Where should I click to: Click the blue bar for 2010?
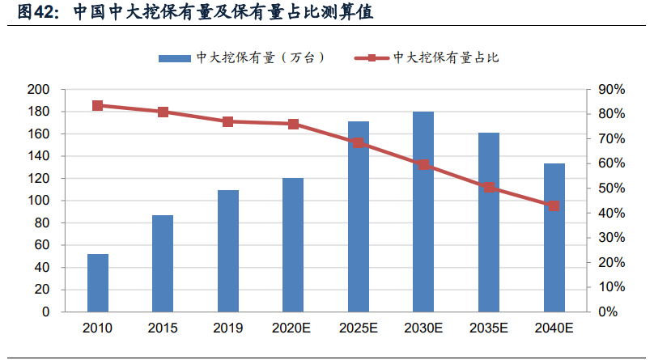point(98,282)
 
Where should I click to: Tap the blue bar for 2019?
point(228,251)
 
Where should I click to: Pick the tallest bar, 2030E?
point(423,211)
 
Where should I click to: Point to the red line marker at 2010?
point(98,105)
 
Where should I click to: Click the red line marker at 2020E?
point(293,124)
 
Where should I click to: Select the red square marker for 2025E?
point(359,143)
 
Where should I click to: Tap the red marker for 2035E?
point(489,188)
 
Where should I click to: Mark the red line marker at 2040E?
point(554,205)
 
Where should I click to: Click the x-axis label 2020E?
point(293,328)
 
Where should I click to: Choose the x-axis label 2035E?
point(489,328)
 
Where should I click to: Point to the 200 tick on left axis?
point(38,89)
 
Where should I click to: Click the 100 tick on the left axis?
point(38,201)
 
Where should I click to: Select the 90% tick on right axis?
point(612,89)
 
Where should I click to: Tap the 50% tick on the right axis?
point(612,188)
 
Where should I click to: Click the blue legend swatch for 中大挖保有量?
point(174,57)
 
